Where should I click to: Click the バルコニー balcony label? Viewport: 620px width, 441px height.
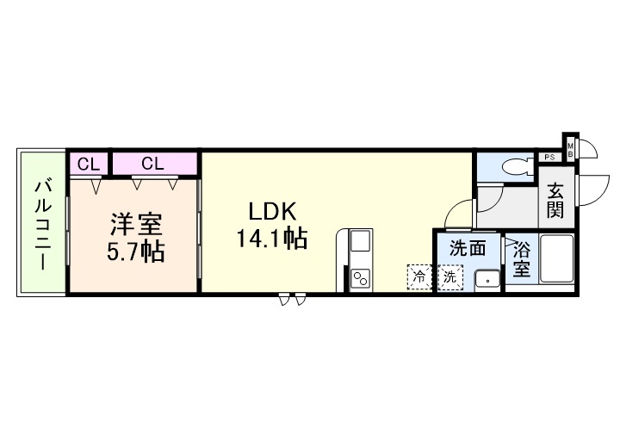tap(41, 223)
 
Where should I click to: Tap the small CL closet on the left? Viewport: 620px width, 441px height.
tap(88, 163)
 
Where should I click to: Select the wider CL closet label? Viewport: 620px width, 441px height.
tap(153, 163)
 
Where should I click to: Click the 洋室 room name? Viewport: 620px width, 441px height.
tap(135, 226)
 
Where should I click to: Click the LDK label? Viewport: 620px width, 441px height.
tap(272, 211)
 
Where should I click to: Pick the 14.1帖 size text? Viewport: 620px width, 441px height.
tap(272, 239)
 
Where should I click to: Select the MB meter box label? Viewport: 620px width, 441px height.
tap(570, 150)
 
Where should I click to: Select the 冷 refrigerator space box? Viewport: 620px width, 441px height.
tap(419, 277)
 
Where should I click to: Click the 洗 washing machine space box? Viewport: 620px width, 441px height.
tap(449, 277)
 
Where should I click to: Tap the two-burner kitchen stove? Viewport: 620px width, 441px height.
tap(359, 278)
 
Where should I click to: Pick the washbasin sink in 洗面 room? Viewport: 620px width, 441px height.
tap(488, 279)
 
